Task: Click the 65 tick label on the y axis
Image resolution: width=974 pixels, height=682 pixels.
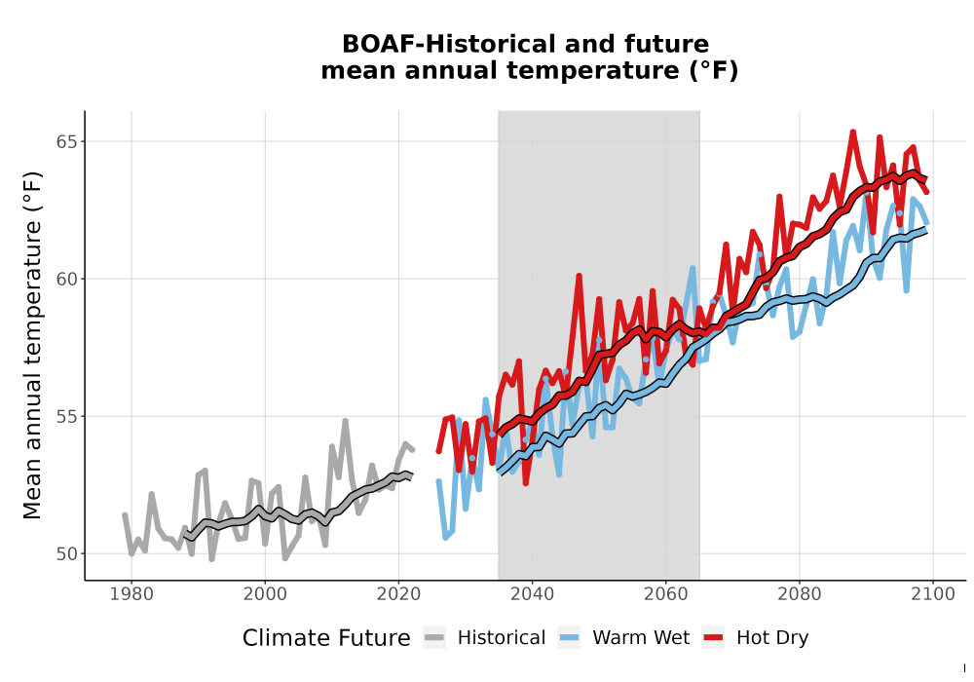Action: click(x=68, y=141)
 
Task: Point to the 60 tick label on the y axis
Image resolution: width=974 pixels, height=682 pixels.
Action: click(x=68, y=279)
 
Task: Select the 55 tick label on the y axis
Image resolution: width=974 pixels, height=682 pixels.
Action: click(x=68, y=416)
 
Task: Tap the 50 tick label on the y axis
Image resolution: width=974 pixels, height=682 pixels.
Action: click(x=68, y=553)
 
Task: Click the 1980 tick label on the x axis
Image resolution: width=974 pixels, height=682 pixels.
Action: click(x=131, y=594)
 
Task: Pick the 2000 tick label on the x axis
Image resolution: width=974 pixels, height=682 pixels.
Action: click(x=265, y=594)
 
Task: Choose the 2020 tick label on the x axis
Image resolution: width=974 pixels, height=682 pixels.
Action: click(x=398, y=594)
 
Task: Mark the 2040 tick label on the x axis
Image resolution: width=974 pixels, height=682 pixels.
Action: click(x=532, y=594)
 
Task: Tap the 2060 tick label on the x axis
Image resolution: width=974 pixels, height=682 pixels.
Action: click(x=665, y=594)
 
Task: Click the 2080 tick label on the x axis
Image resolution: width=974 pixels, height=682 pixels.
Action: click(x=800, y=594)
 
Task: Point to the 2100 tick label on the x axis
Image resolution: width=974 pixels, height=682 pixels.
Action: click(x=933, y=594)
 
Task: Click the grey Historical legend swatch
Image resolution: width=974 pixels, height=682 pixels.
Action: click(x=434, y=638)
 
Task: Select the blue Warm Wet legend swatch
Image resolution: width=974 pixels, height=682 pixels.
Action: click(x=569, y=638)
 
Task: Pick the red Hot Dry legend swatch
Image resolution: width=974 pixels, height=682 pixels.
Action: click(x=713, y=638)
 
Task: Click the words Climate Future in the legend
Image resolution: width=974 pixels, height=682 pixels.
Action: click(x=326, y=638)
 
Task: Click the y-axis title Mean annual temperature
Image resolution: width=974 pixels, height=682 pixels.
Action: click(x=32, y=345)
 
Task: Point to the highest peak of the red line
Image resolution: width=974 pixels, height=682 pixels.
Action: click(x=853, y=132)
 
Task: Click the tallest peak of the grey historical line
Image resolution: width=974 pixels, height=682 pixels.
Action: click(x=346, y=421)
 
